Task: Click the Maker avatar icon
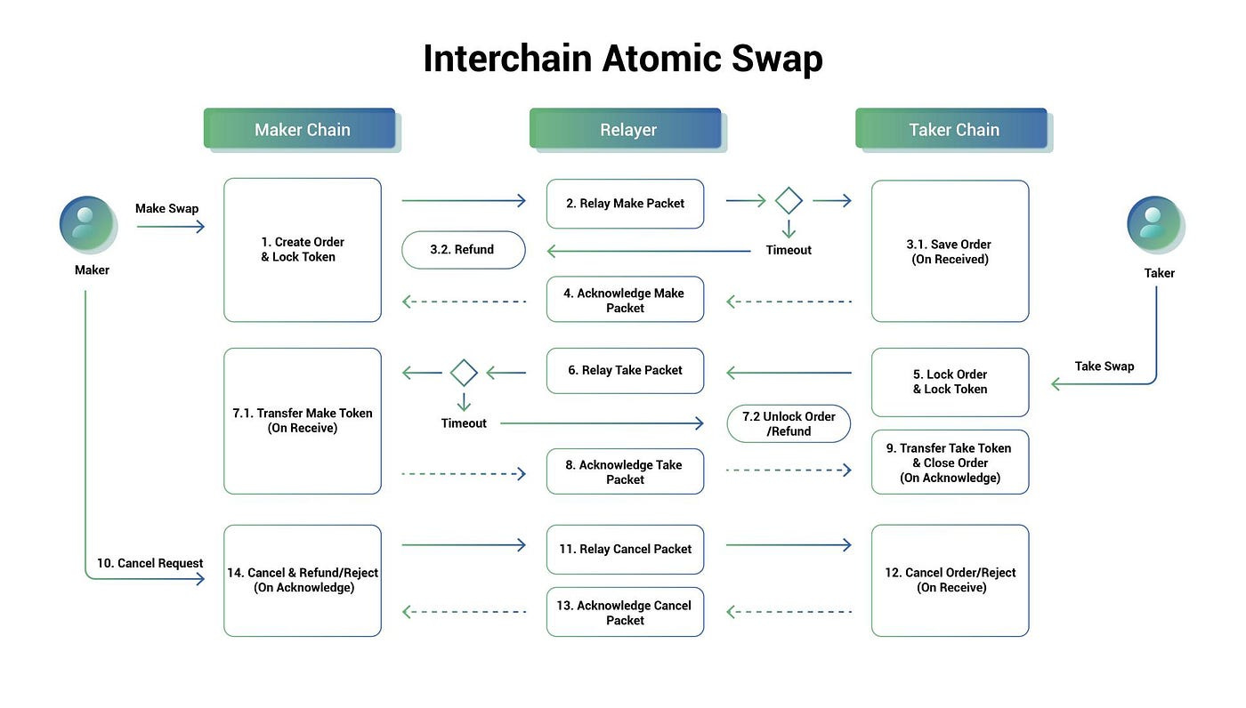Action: (87, 223)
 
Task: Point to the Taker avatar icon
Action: (1154, 223)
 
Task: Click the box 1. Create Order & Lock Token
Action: (303, 250)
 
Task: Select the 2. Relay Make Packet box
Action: (625, 204)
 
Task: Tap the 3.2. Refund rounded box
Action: (463, 250)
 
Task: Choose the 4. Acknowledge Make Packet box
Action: (625, 300)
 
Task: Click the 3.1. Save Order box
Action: (950, 251)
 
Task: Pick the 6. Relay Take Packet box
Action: (625, 371)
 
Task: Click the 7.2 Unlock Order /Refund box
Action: (789, 424)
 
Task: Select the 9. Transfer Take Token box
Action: (950, 463)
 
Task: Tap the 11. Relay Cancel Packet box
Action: (625, 550)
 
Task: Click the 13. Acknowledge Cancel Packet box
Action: (625, 612)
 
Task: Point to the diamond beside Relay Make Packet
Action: (789, 201)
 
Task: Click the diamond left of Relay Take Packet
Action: (464, 373)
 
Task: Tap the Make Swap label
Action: (166, 208)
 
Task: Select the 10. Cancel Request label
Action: (150, 563)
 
